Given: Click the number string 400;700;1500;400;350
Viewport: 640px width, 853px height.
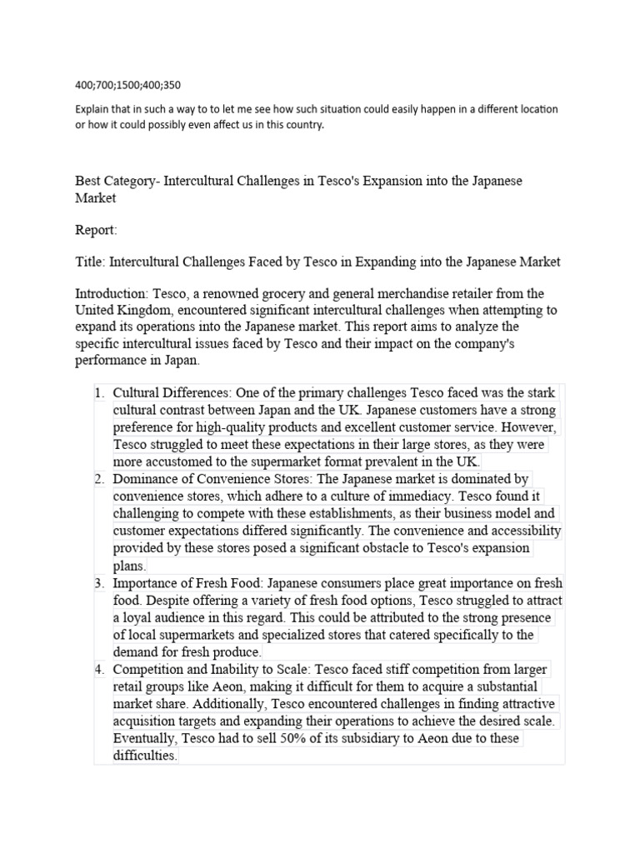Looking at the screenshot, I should (x=127, y=84).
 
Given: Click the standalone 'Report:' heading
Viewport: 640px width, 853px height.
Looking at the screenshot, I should (x=97, y=229).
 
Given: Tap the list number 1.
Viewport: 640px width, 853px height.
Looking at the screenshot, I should (x=98, y=393).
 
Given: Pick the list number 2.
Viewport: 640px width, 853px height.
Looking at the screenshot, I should (x=98, y=479).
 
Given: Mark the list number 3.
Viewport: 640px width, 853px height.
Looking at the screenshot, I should (x=98, y=584).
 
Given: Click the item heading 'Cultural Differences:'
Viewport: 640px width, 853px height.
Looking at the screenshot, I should (x=172, y=393).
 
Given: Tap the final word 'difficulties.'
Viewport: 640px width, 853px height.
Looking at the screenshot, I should (x=145, y=756).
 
